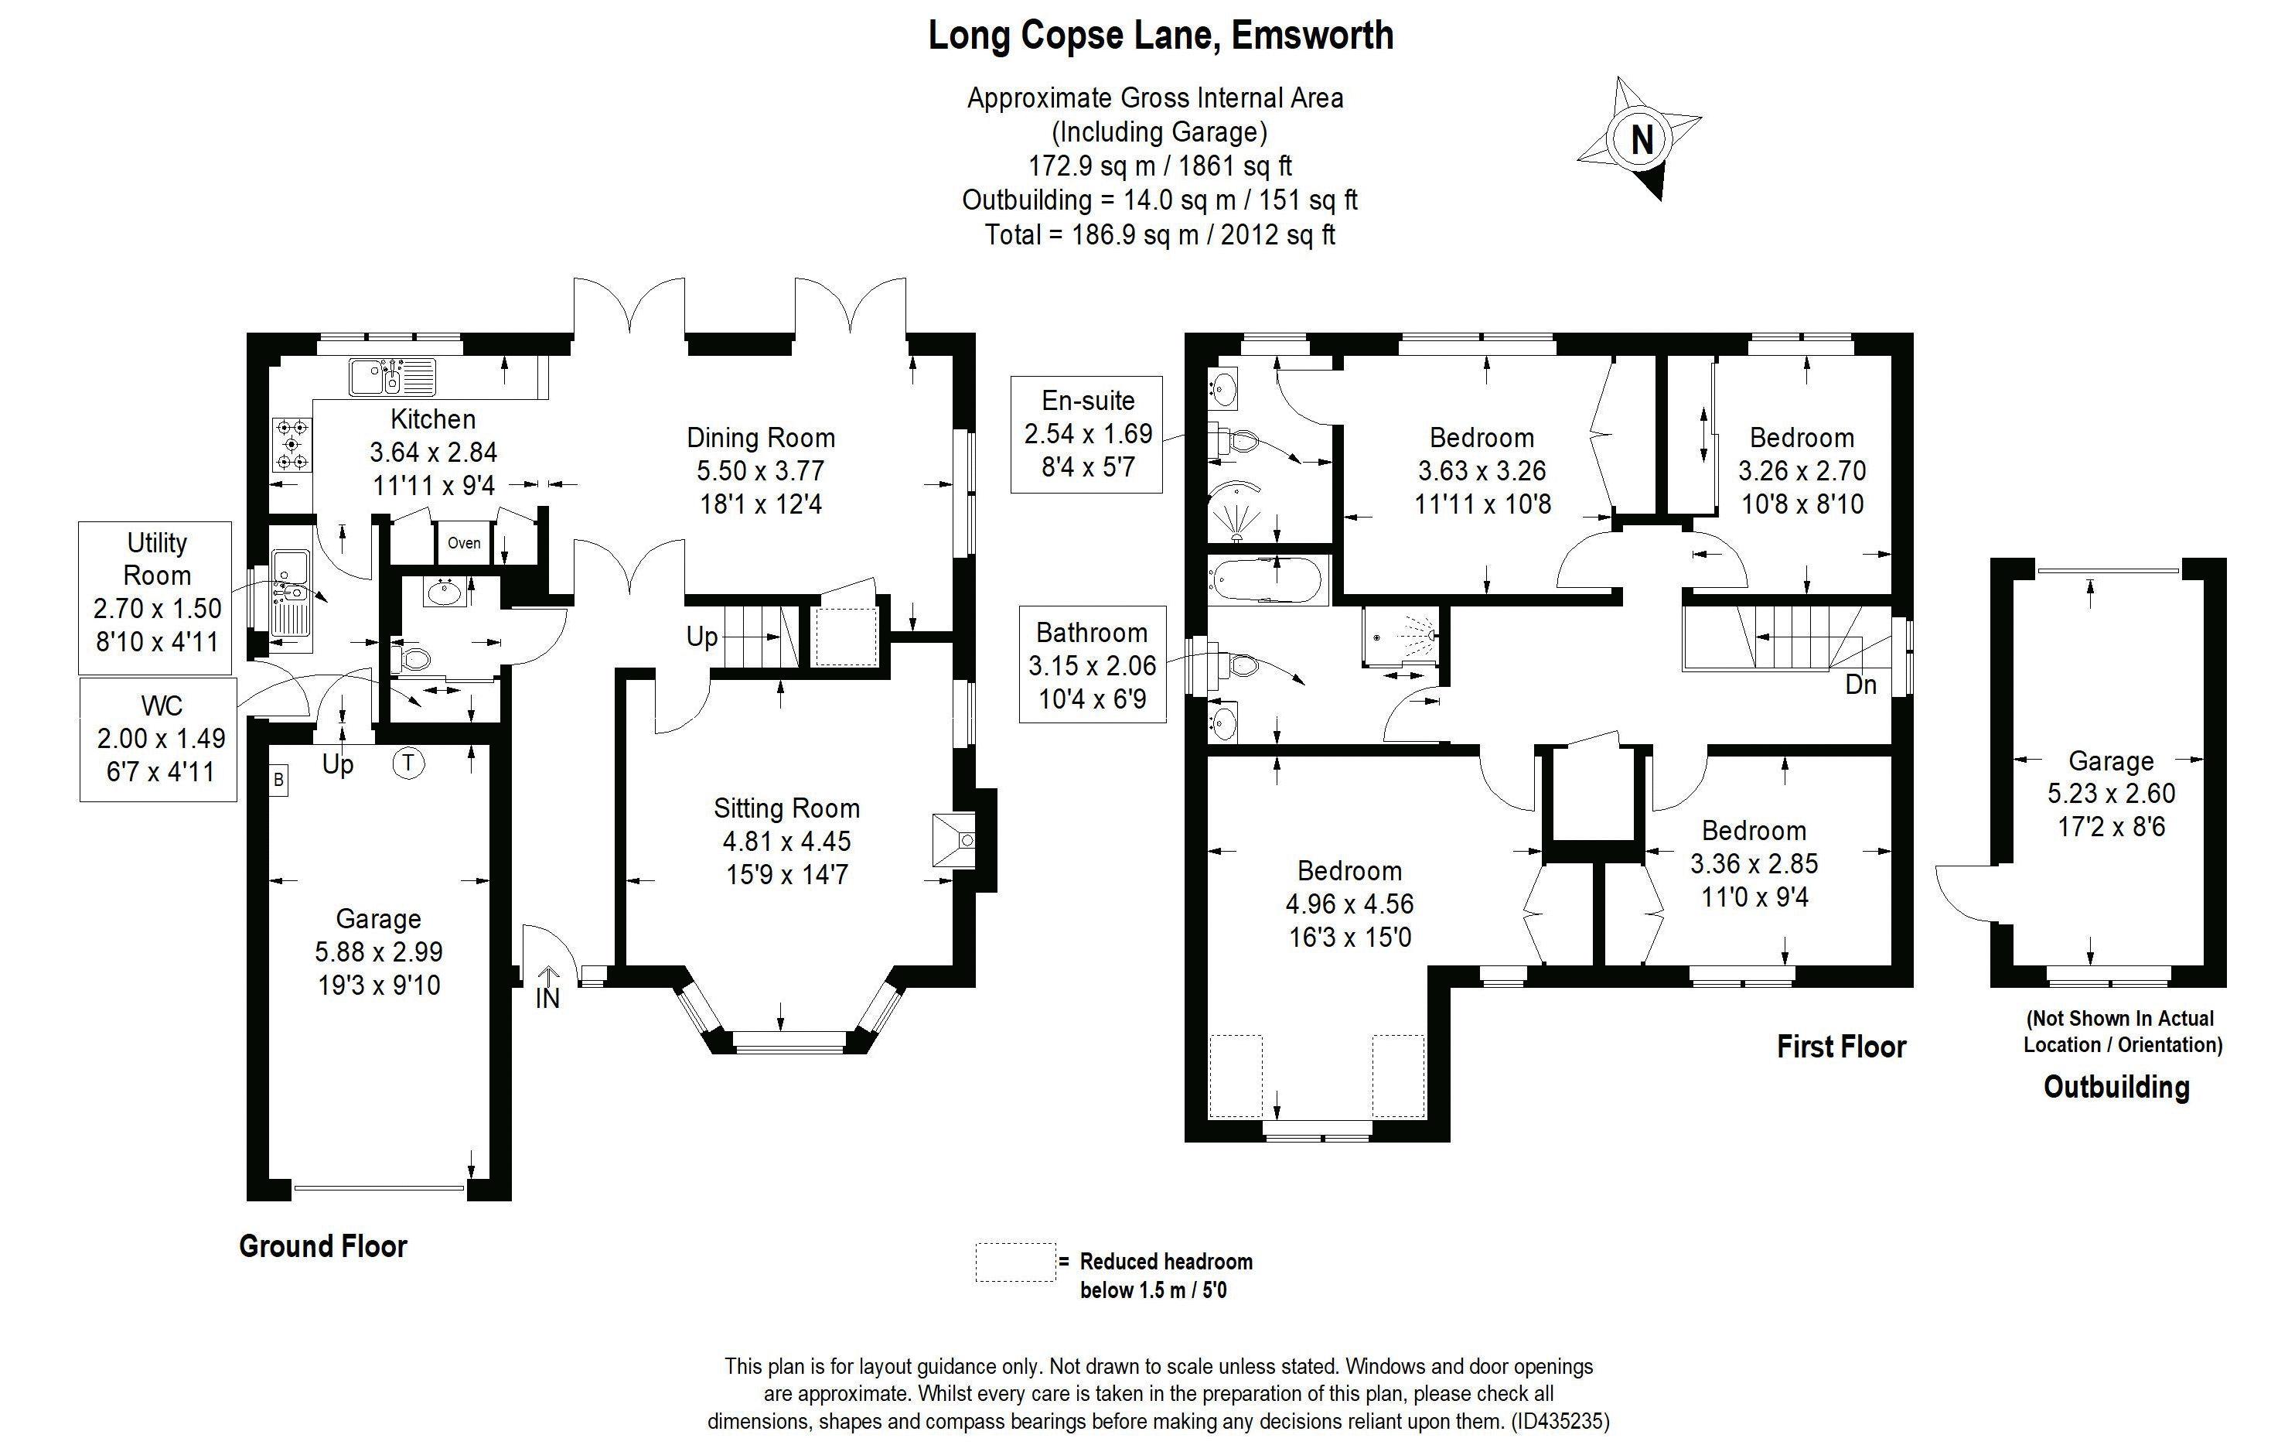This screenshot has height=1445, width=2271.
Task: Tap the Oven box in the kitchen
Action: [464, 543]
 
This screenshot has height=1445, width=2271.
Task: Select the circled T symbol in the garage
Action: [408, 762]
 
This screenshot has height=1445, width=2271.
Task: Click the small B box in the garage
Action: [278, 780]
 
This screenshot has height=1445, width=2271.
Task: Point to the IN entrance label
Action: [547, 997]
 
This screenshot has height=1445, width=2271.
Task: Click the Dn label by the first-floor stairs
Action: [1860, 685]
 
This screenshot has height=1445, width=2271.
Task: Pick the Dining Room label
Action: [760, 438]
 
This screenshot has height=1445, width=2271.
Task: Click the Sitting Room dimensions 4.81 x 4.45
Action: [786, 842]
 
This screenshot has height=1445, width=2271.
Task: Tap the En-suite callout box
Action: [1086, 434]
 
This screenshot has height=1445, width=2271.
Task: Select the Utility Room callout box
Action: [156, 593]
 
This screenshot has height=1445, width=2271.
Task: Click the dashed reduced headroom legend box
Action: [1014, 1262]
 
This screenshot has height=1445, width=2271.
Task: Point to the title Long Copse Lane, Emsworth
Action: [1161, 36]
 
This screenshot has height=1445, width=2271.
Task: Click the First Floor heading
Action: [1841, 1046]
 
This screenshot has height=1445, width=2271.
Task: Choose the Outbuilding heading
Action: [2116, 1087]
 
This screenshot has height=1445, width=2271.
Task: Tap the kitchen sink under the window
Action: [392, 377]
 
